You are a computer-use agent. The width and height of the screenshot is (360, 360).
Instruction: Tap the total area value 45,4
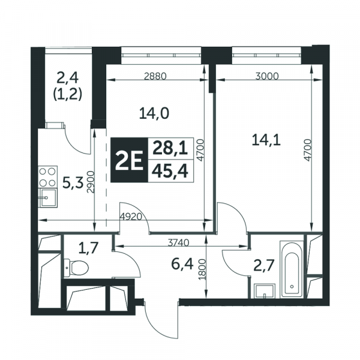(x=170, y=172)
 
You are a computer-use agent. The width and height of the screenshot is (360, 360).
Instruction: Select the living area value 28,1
(x=170, y=148)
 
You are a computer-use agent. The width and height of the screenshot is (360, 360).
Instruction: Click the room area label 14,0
(x=154, y=113)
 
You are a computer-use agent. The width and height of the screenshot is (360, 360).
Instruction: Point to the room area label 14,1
(x=266, y=140)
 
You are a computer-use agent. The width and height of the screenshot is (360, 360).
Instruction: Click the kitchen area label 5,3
(x=73, y=184)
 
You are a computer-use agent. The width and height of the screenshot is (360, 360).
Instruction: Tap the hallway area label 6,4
(x=182, y=264)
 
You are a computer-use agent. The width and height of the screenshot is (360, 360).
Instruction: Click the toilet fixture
(x=76, y=267)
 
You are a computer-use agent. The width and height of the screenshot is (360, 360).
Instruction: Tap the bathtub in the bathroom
(x=292, y=269)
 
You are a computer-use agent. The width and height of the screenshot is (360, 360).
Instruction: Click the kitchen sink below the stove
(x=48, y=197)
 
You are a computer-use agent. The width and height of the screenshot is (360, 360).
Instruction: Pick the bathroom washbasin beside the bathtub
(x=265, y=291)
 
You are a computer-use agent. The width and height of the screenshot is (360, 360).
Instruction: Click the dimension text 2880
(x=155, y=76)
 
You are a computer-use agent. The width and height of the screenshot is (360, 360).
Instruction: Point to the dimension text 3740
(x=178, y=242)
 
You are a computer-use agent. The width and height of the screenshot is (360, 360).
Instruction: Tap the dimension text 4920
(x=131, y=217)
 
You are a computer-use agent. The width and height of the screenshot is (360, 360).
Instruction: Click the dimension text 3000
(x=267, y=76)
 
